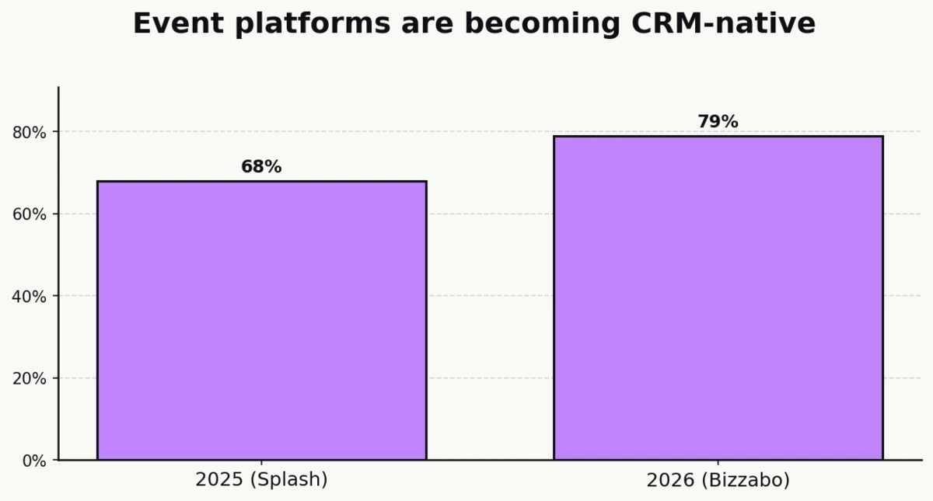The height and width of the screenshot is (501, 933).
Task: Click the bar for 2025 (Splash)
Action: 261,320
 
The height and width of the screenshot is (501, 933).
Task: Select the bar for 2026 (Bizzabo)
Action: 718,298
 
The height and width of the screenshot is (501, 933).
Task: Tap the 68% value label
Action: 261,167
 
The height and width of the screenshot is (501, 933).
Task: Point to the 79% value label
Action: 718,122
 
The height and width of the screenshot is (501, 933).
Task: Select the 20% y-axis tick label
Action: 30,378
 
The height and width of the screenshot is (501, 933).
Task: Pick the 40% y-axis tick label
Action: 30,296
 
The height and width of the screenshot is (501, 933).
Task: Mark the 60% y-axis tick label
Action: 30,214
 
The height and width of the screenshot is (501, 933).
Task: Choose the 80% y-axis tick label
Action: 30,132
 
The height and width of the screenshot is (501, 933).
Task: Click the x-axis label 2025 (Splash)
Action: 261,480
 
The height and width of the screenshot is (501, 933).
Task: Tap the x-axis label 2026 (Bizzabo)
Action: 718,481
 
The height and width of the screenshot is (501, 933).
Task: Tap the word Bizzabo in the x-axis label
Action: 745,481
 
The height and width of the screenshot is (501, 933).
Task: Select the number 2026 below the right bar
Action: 669,481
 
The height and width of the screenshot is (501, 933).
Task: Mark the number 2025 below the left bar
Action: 218,480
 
